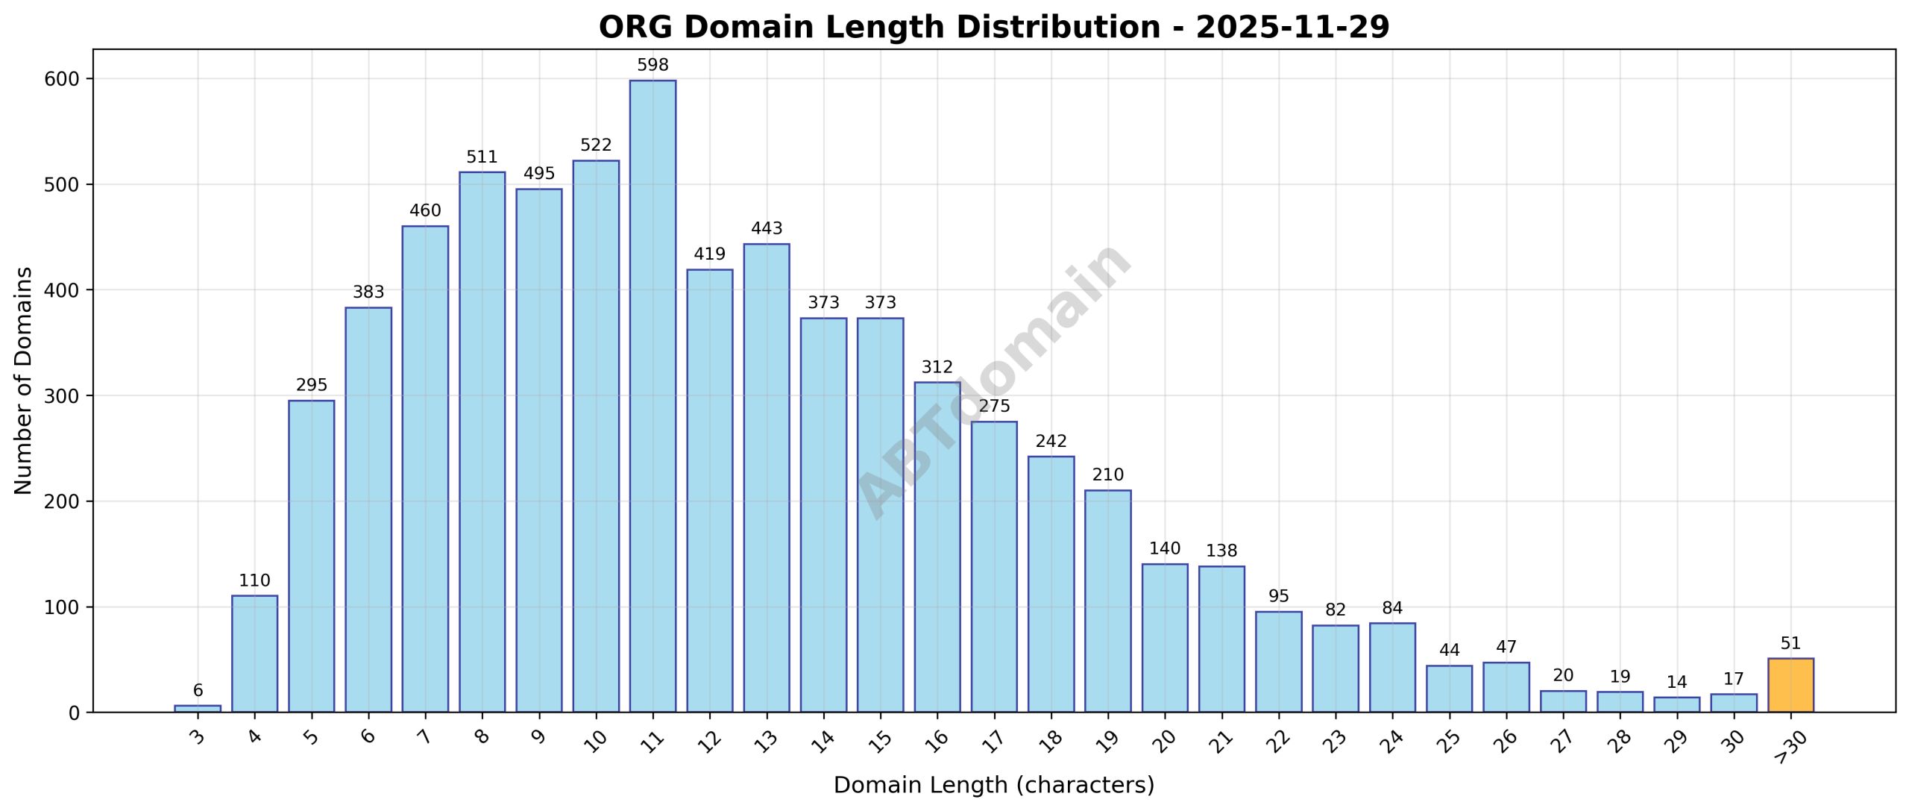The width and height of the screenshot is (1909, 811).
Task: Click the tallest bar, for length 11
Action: (652, 395)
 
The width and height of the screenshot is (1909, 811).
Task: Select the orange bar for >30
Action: (1790, 685)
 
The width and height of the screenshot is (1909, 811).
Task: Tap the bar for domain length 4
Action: (254, 654)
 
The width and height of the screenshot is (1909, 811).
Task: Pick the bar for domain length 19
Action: (1107, 601)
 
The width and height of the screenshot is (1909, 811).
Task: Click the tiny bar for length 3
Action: (198, 708)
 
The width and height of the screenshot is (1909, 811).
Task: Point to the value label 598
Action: (652, 66)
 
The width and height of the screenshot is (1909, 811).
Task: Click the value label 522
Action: (596, 145)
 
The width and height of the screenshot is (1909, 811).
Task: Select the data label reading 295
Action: (311, 386)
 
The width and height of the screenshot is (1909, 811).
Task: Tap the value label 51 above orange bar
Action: (1790, 644)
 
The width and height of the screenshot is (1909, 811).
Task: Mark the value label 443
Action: (767, 229)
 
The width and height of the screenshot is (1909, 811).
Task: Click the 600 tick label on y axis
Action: (62, 79)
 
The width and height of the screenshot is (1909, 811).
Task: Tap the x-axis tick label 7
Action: (424, 737)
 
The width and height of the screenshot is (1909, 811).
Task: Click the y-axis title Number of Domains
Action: (24, 381)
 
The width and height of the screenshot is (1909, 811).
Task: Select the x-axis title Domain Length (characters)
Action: (993, 786)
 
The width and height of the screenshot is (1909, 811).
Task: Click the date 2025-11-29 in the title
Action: (1292, 28)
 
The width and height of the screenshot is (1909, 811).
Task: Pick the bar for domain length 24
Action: (1392, 668)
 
